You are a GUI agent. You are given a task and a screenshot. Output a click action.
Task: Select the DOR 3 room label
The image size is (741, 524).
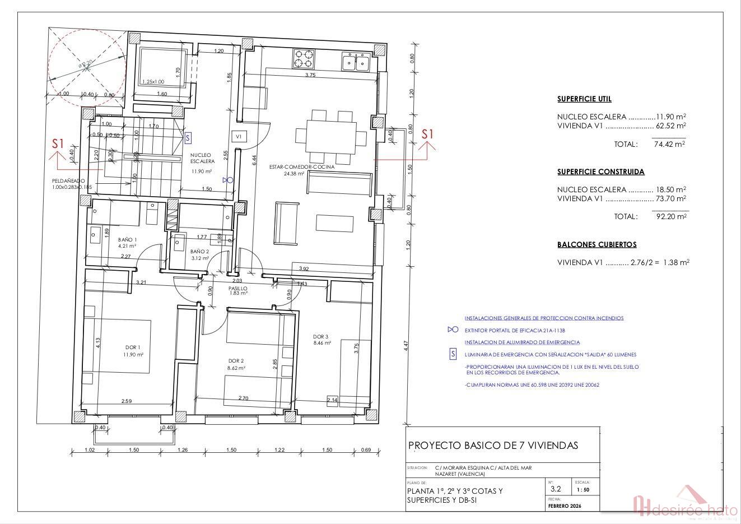point(321,337)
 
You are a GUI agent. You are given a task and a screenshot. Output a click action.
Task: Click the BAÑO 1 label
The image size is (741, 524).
point(127,240)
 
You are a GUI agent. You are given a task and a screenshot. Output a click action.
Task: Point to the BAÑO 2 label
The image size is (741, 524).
point(199,252)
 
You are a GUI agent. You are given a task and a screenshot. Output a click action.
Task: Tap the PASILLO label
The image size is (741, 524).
point(238,289)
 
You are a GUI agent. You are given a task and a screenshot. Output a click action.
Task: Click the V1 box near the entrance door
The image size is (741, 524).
point(238,136)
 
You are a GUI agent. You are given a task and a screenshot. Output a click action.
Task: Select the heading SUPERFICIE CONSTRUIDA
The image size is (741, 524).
point(600,172)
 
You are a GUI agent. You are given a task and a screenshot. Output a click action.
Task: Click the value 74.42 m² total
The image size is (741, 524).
point(669,144)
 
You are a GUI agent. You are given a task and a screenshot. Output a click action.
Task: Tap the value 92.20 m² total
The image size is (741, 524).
point(671,216)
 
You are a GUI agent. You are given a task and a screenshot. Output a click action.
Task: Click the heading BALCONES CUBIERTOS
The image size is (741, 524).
point(596,245)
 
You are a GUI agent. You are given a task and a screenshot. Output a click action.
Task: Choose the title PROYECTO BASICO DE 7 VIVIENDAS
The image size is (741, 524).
point(493,446)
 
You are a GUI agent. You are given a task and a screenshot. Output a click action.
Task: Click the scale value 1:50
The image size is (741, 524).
point(582,490)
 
